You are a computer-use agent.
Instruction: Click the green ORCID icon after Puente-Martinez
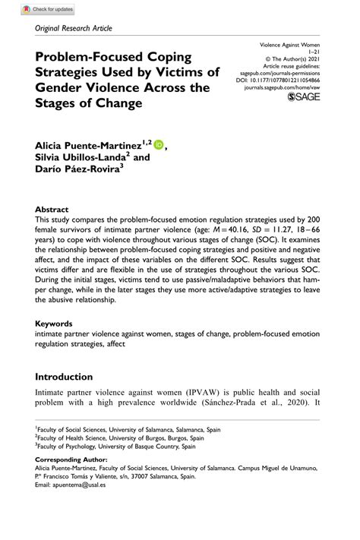(x=159, y=144)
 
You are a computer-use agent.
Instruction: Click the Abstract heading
(x=52, y=209)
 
